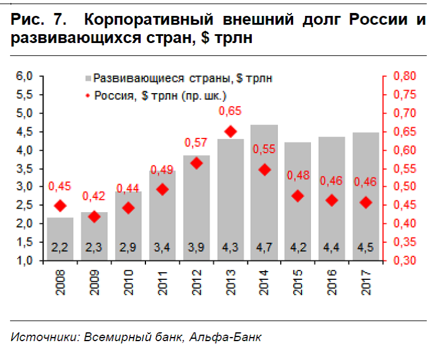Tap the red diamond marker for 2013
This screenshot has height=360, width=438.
tap(230, 131)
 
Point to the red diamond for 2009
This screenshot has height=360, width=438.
tap(94, 217)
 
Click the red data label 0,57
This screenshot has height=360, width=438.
tap(196, 143)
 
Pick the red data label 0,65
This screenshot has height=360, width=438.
tap(230, 111)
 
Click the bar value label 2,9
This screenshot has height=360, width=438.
tap(127, 247)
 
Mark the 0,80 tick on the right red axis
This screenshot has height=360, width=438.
tap(404, 76)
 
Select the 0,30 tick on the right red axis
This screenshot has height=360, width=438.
tap(404, 260)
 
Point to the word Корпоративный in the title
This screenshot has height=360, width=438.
tap(150, 20)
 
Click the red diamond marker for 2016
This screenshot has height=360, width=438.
tap(332, 200)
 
